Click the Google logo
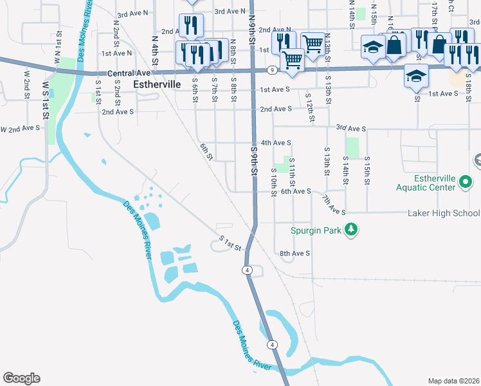(x=21, y=378)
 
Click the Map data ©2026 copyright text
(x=453, y=381)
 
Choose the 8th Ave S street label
(x=295, y=253)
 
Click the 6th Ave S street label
(x=296, y=191)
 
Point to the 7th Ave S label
(x=334, y=205)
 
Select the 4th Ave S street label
(x=276, y=142)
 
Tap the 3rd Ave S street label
(x=350, y=129)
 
